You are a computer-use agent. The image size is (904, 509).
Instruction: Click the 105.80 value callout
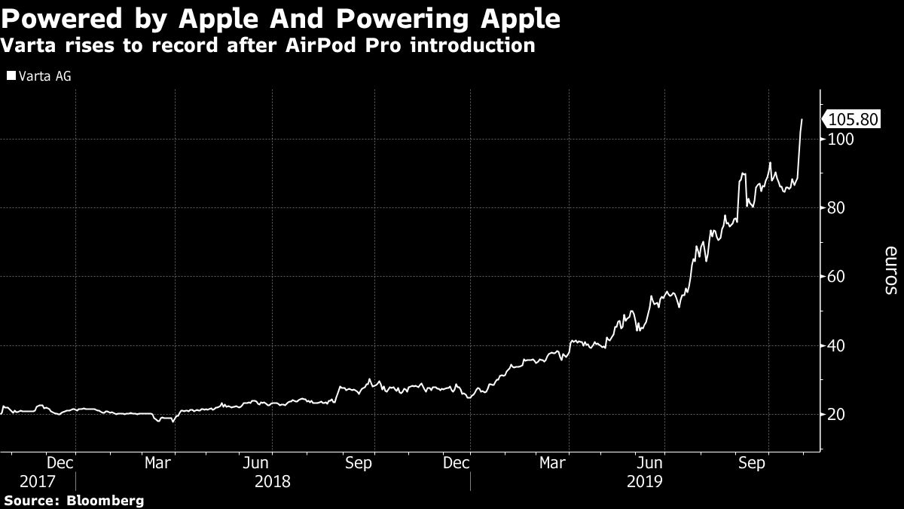coord(853,120)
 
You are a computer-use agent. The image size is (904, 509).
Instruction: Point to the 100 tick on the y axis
coord(839,140)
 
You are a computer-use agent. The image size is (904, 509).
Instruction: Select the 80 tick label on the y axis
coord(835,208)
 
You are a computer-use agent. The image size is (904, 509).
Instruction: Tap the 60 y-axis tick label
coord(835,277)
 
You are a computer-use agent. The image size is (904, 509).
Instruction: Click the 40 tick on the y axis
coord(835,346)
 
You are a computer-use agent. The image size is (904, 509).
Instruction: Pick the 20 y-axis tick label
coord(835,415)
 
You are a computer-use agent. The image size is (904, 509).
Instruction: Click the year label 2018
coord(272,481)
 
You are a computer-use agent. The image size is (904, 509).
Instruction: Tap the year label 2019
coord(644,481)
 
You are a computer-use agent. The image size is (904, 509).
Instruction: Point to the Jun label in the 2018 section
coord(258,463)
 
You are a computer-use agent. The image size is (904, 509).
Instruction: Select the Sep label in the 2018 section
coord(358,463)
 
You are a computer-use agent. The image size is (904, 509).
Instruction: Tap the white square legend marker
coord(10,76)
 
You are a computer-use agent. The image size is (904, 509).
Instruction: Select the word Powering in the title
coord(392,18)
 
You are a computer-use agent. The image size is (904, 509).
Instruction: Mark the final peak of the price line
coord(802,119)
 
